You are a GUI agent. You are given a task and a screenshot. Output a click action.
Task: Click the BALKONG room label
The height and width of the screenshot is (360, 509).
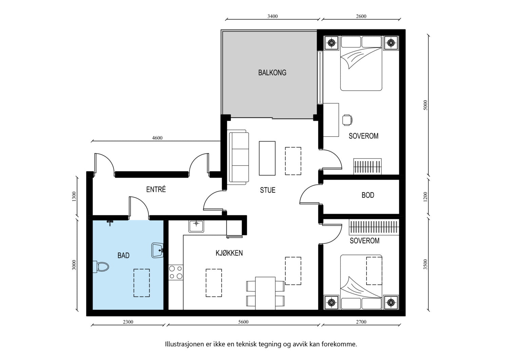[x=272, y=73]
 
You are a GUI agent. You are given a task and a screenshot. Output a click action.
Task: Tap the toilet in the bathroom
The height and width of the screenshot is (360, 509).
[x=101, y=267]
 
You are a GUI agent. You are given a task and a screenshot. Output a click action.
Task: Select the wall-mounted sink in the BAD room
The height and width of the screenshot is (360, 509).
[x=157, y=250]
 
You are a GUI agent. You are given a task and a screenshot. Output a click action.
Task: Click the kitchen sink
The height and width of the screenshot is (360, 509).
[x=196, y=226]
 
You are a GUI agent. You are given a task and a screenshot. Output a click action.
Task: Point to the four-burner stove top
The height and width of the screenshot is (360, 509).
[x=176, y=272]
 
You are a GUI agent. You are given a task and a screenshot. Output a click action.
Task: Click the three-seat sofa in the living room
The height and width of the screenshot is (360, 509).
[x=238, y=157]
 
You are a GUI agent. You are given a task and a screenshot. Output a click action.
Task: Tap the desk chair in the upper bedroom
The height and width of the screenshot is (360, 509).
[x=347, y=120]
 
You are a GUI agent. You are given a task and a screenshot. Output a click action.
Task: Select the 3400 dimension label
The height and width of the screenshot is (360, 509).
[x=272, y=16]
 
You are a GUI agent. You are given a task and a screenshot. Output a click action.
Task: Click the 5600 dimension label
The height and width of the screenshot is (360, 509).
[x=243, y=322]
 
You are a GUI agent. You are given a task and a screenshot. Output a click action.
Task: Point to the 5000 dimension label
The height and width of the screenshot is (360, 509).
[x=426, y=105]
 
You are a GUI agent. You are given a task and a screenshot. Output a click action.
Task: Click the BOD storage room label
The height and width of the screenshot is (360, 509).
[x=368, y=195]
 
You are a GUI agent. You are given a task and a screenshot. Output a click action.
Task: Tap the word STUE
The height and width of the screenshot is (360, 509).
[x=268, y=190]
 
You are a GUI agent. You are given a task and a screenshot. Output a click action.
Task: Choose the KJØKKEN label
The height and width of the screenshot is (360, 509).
[x=229, y=253]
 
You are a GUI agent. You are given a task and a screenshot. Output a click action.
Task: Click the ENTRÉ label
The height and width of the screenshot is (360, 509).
[x=156, y=189]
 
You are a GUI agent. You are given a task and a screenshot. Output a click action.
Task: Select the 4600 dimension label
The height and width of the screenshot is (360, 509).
[x=157, y=138]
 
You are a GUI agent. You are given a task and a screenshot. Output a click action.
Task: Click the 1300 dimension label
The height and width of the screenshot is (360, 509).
[x=74, y=197]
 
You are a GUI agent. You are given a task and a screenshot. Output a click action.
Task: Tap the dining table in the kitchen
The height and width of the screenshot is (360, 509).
[x=265, y=293]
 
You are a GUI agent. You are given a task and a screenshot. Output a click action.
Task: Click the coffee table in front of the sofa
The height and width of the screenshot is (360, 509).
[x=267, y=158]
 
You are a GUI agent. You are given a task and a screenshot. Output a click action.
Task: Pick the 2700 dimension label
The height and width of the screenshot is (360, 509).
[x=361, y=322]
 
